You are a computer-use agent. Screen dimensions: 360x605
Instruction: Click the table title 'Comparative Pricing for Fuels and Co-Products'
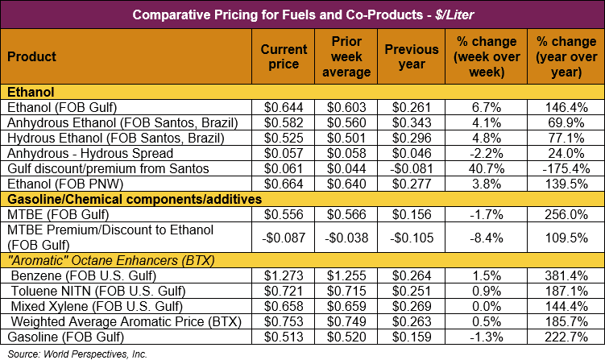[302, 14]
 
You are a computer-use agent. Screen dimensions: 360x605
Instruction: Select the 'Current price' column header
[284, 56]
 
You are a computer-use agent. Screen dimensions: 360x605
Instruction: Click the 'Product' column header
[32, 56]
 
